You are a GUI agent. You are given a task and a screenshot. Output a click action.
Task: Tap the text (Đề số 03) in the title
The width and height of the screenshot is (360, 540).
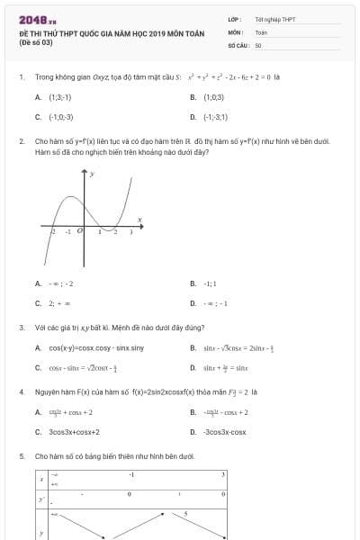(x=35, y=42)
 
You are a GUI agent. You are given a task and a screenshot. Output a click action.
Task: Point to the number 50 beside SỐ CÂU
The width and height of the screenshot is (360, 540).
(x=258, y=44)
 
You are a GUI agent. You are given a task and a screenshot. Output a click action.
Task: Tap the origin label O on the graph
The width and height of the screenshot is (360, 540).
(x=80, y=231)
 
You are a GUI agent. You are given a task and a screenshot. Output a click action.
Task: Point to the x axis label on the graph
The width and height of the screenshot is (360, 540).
(x=139, y=219)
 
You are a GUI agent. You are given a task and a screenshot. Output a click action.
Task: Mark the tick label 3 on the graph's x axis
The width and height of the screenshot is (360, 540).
(x=131, y=232)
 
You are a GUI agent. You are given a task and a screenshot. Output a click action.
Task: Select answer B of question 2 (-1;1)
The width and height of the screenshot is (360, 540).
(x=210, y=283)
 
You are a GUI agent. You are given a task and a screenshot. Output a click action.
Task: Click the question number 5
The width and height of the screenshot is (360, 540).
(x=21, y=456)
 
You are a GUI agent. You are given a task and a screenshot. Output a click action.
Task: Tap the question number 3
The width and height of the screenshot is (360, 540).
(x=21, y=328)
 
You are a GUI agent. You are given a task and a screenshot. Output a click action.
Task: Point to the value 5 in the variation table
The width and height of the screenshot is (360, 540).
(x=185, y=514)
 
